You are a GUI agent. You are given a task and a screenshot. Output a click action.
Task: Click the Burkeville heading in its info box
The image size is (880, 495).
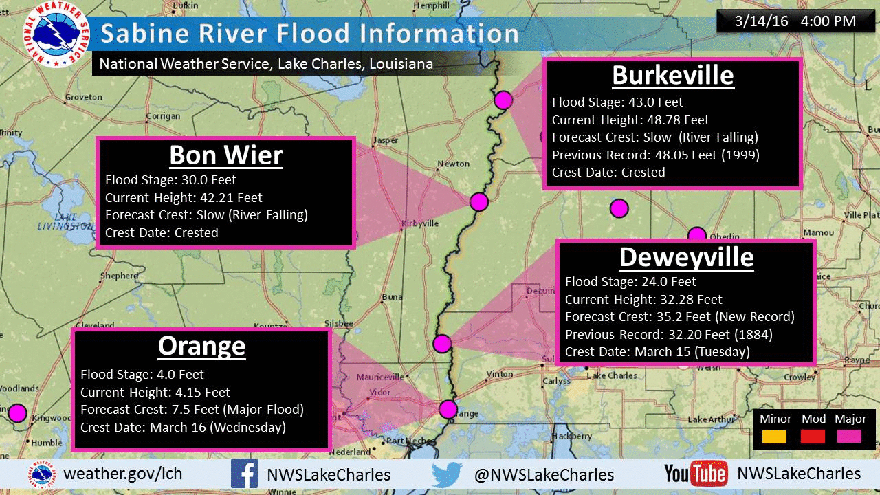(x=672, y=75)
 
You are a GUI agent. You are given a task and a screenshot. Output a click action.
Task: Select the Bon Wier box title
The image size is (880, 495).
(x=225, y=155)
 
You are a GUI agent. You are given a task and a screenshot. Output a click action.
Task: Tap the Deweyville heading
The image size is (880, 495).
(x=686, y=256)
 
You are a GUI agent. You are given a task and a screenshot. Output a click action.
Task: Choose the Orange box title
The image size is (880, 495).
(x=201, y=346)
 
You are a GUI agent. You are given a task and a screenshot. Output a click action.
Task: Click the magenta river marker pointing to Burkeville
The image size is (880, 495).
(x=504, y=100)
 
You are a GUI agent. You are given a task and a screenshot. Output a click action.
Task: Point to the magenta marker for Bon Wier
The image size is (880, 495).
(x=479, y=201)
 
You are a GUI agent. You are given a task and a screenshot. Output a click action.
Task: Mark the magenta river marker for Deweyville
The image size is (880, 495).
(x=442, y=342)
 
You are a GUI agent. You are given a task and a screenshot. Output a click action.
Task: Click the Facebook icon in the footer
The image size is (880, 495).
(x=244, y=474)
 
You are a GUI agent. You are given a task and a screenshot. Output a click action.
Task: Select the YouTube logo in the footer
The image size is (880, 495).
(x=696, y=474)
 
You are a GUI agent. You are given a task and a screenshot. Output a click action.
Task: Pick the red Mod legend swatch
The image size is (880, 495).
(x=813, y=437)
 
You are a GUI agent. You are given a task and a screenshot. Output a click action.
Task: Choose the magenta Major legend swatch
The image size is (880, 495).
(x=850, y=437)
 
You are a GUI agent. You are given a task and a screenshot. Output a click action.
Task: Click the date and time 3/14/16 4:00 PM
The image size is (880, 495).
(x=795, y=21)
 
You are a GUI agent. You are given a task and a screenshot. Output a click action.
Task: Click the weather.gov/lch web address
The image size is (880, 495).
(x=123, y=474)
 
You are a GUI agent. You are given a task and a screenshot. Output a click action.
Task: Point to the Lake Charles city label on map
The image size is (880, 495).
(x=612, y=375)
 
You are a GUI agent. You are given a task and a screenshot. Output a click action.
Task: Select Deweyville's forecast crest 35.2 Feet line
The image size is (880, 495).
(x=679, y=317)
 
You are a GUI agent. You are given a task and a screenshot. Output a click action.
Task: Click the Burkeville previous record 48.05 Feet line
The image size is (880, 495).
(x=655, y=155)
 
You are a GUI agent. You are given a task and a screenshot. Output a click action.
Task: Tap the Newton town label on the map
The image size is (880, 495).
(x=454, y=164)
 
